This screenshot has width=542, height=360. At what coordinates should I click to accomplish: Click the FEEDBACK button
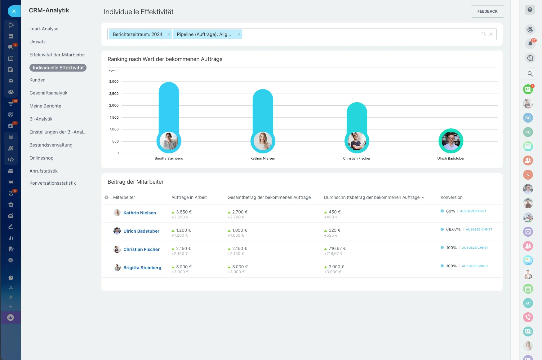click(487, 11)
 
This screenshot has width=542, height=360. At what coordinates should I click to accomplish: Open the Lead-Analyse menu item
click(44, 29)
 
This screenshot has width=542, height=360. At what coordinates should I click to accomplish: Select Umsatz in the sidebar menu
click(38, 42)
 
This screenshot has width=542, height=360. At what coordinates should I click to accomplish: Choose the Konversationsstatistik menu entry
click(52, 183)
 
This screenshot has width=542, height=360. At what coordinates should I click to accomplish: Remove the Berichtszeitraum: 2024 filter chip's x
click(169, 34)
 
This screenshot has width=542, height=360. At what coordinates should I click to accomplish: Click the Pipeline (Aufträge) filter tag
click(204, 34)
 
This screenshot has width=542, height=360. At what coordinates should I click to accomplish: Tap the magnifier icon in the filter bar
click(483, 34)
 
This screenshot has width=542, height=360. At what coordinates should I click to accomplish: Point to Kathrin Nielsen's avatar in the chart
click(263, 141)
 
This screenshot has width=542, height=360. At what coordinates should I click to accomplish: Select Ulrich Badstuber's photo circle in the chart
click(451, 141)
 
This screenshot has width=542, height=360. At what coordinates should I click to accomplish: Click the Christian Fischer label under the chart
click(357, 158)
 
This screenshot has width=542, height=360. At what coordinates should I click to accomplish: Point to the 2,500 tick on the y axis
click(114, 94)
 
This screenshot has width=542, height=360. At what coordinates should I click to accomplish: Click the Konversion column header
click(451, 197)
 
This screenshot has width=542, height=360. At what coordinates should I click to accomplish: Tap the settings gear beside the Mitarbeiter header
click(107, 197)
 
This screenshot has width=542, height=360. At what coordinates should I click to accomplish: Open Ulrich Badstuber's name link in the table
click(141, 231)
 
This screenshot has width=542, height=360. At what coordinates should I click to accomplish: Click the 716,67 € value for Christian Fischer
click(337, 248)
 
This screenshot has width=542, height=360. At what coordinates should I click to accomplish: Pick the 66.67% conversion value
click(453, 230)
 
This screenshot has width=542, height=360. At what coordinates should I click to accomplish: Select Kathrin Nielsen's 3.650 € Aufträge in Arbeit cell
click(184, 212)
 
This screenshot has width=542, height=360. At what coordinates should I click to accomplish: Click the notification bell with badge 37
click(530, 44)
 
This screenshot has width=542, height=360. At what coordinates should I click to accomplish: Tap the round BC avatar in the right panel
click(528, 118)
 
